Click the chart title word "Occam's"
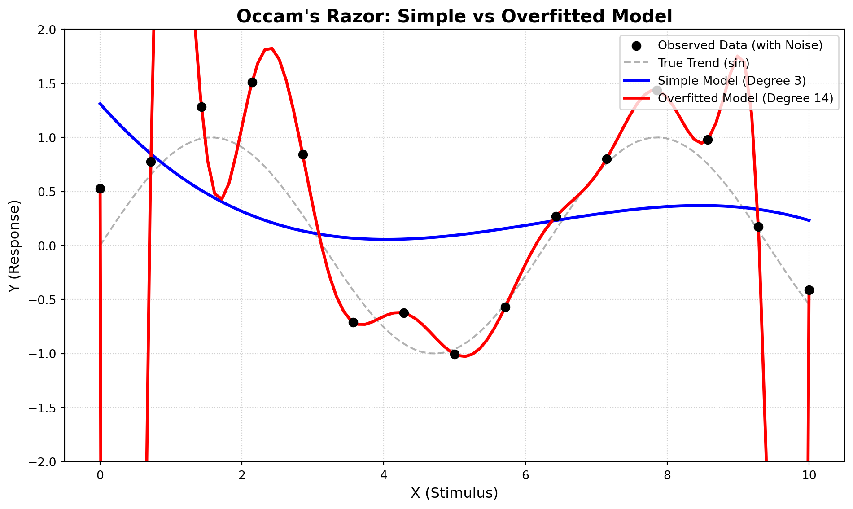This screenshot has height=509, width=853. pyautogui.click(x=269, y=17)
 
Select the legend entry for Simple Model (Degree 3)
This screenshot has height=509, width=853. pyautogui.click(x=732, y=81)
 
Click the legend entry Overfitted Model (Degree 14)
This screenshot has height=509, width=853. pyautogui.click(x=745, y=98)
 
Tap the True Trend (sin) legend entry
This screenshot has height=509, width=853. pyautogui.click(x=704, y=63)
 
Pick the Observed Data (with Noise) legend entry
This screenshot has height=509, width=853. pyautogui.click(x=740, y=45)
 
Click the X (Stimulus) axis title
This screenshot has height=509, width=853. pyautogui.click(x=454, y=493)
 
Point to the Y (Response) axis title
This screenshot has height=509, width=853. pyautogui.click(x=15, y=246)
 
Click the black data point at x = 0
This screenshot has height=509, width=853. pyautogui.click(x=100, y=189)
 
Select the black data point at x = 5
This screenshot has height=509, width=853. pyautogui.click(x=455, y=354)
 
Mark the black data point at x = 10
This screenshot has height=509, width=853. pyautogui.click(x=809, y=290)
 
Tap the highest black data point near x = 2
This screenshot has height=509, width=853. pyautogui.click(x=252, y=82)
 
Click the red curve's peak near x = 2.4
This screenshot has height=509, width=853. pyautogui.click(x=271, y=48)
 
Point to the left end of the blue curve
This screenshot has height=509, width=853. pyautogui.click(x=100, y=103)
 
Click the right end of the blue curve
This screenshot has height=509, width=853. pyautogui.click(x=809, y=220)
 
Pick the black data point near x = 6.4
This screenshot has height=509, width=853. pyautogui.click(x=556, y=216)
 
